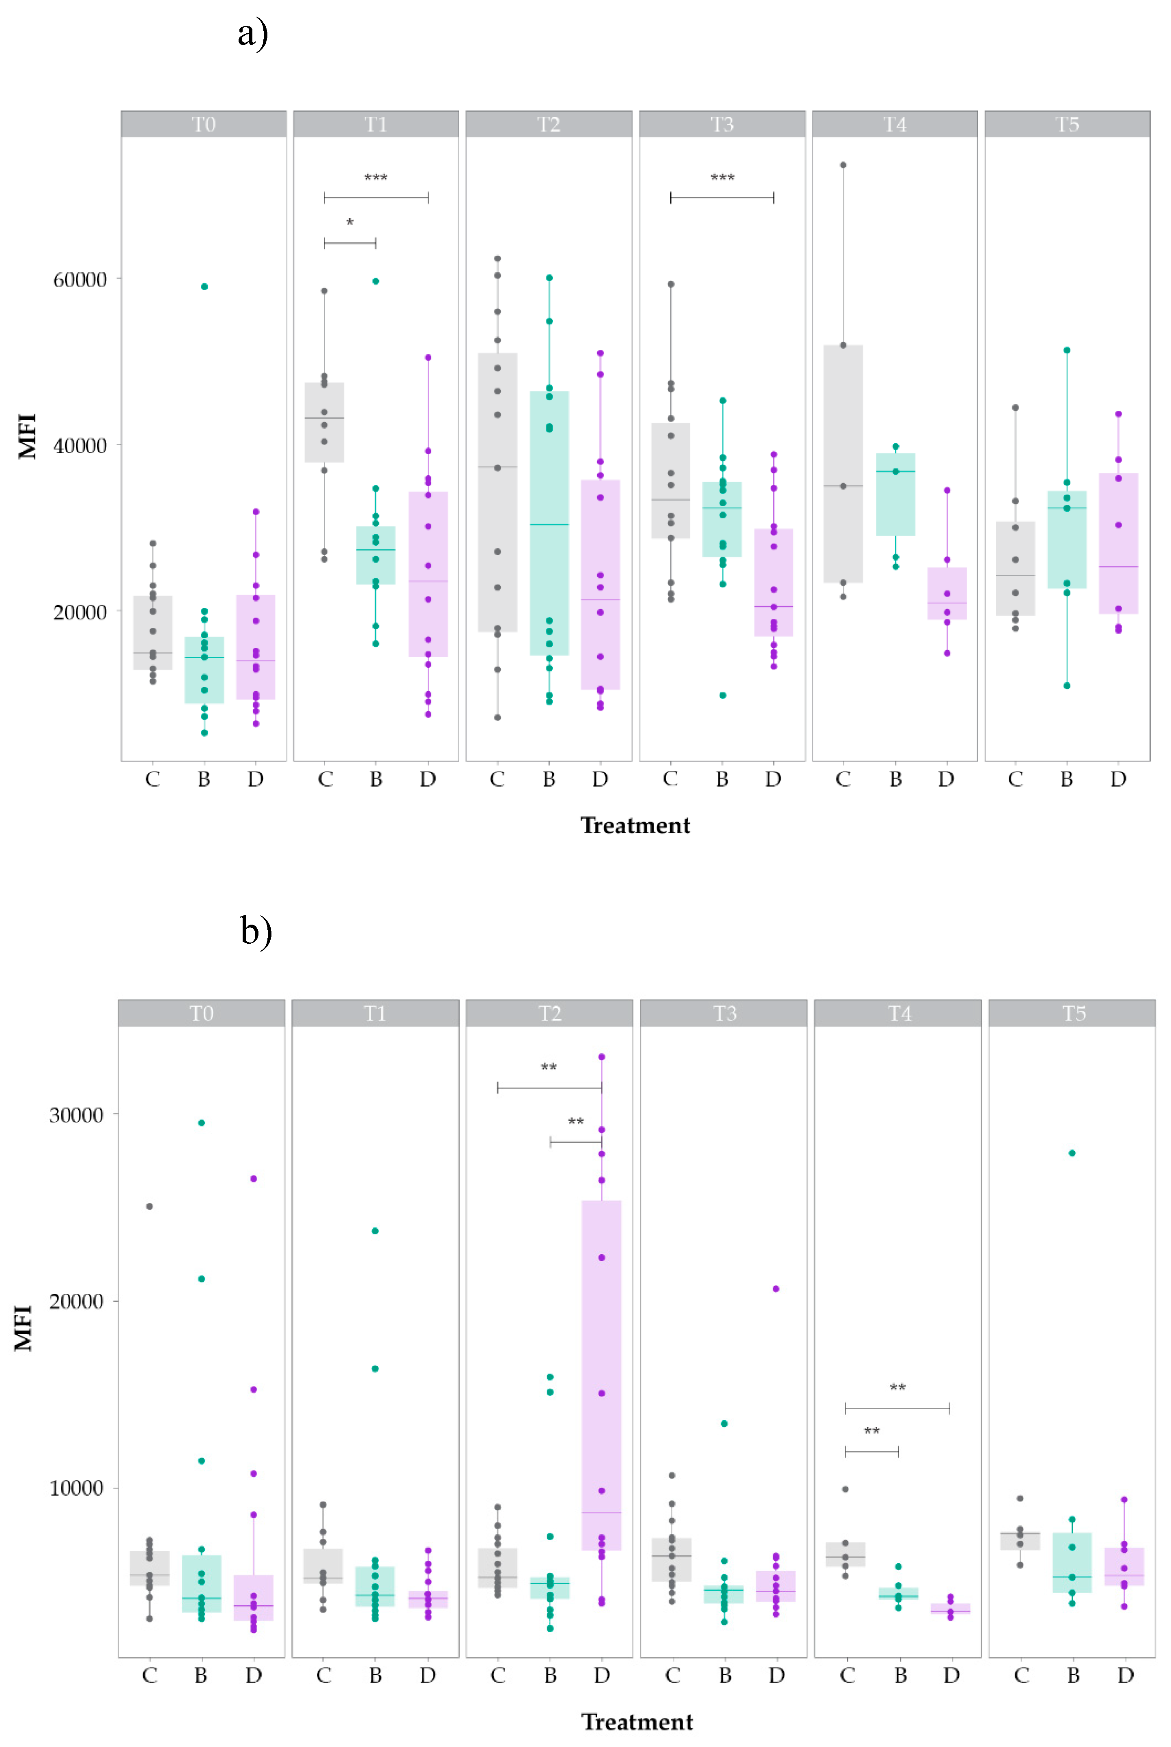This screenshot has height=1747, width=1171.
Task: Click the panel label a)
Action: [x=252, y=34]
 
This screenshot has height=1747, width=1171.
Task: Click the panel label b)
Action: [x=255, y=932]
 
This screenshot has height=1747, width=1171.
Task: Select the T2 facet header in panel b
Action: [x=550, y=1014]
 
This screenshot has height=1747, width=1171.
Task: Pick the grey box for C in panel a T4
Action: [x=843, y=463]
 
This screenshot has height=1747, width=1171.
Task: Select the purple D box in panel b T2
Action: [x=601, y=1374]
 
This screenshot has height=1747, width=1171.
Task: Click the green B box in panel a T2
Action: [x=549, y=523]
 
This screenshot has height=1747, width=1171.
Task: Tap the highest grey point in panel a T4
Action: [x=843, y=165]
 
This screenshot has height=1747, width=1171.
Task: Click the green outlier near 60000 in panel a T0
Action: [x=204, y=287]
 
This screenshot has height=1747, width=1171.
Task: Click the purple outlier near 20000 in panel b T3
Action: [x=776, y=1288]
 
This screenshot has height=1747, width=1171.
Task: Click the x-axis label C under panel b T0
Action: [x=149, y=1675]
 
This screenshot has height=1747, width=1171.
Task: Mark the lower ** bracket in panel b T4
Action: [x=872, y=1451]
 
